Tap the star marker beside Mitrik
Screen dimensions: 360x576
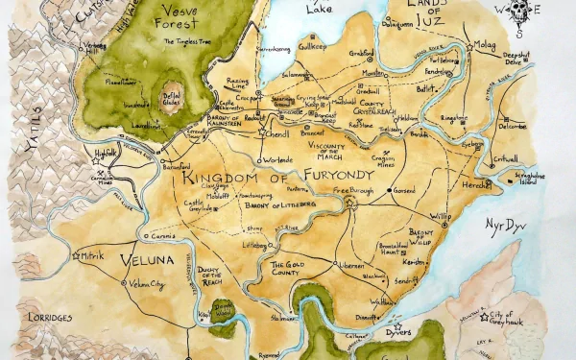coord(76,255)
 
